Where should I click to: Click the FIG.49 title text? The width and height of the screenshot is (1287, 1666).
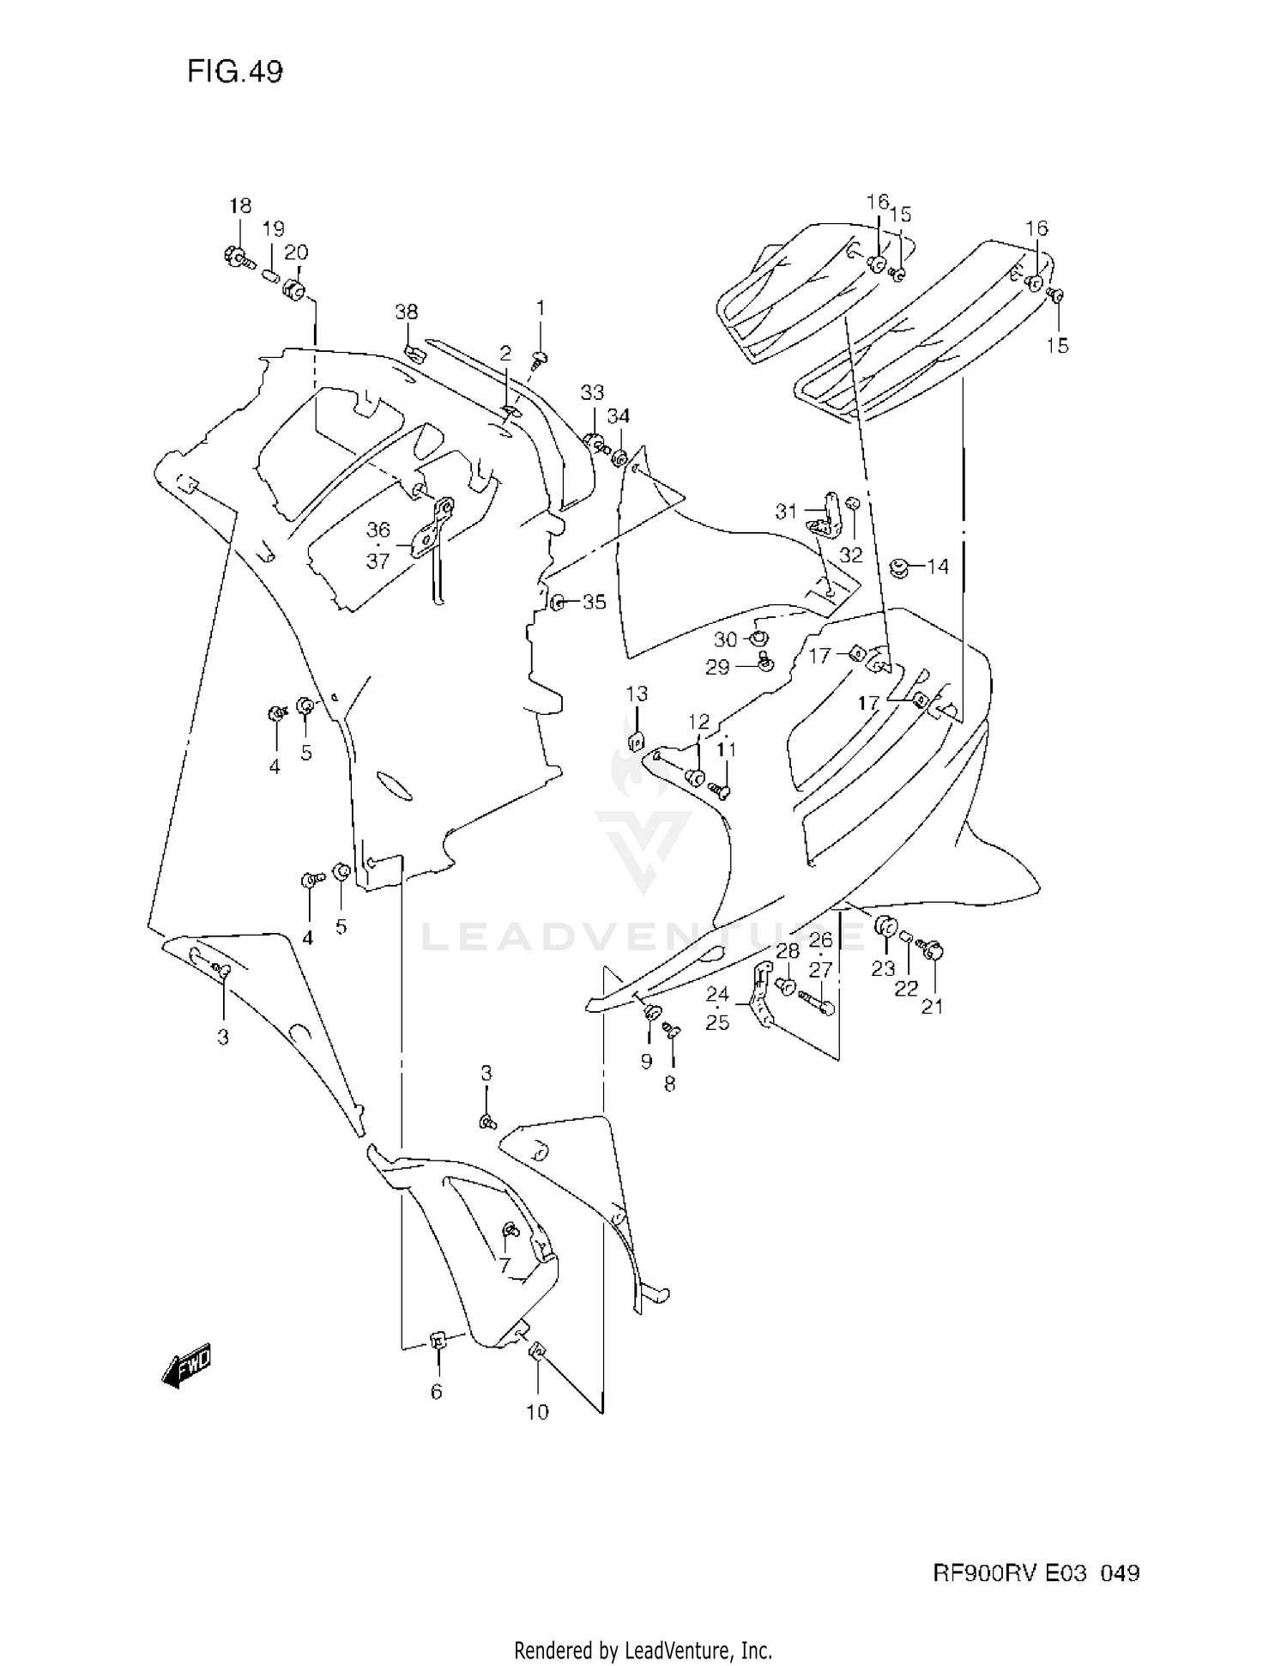pos(234,72)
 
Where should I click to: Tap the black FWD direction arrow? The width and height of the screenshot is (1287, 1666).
pos(186,1364)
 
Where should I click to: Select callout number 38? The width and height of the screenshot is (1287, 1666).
pos(407,312)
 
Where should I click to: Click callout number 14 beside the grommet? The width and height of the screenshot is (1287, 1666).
pos(938,566)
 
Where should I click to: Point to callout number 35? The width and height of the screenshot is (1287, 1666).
pos(594,602)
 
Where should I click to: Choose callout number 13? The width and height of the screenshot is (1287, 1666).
pos(636,694)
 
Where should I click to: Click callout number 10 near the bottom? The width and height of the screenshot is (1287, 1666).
pos(537,1412)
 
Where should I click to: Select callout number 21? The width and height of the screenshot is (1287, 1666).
pos(932,1006)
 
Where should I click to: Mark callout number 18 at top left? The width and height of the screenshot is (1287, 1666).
pos(240,206)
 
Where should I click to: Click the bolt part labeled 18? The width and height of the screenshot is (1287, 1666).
pos(235,255)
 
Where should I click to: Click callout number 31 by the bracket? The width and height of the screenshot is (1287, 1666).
pos(786,512)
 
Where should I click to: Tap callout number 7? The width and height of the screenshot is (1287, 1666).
pos(505,1265)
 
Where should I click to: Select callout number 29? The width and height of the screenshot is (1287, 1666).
pos(717,667)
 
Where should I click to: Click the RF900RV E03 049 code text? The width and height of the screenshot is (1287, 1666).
pos(1036,1573)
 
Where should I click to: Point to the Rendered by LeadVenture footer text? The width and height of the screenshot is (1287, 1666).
pos(643,1649)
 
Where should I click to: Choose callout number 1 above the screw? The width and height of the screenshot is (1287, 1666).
pos(541,307)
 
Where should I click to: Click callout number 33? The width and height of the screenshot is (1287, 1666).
pos(592,392)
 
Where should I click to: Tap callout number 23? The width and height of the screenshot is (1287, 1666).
pos(883,969)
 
